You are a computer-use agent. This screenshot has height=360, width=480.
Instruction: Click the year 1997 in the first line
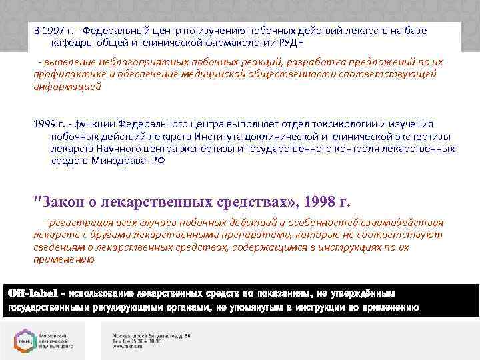click(x=57, y=31)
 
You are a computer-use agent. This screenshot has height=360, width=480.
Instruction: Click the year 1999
click(x=45, y=124)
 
